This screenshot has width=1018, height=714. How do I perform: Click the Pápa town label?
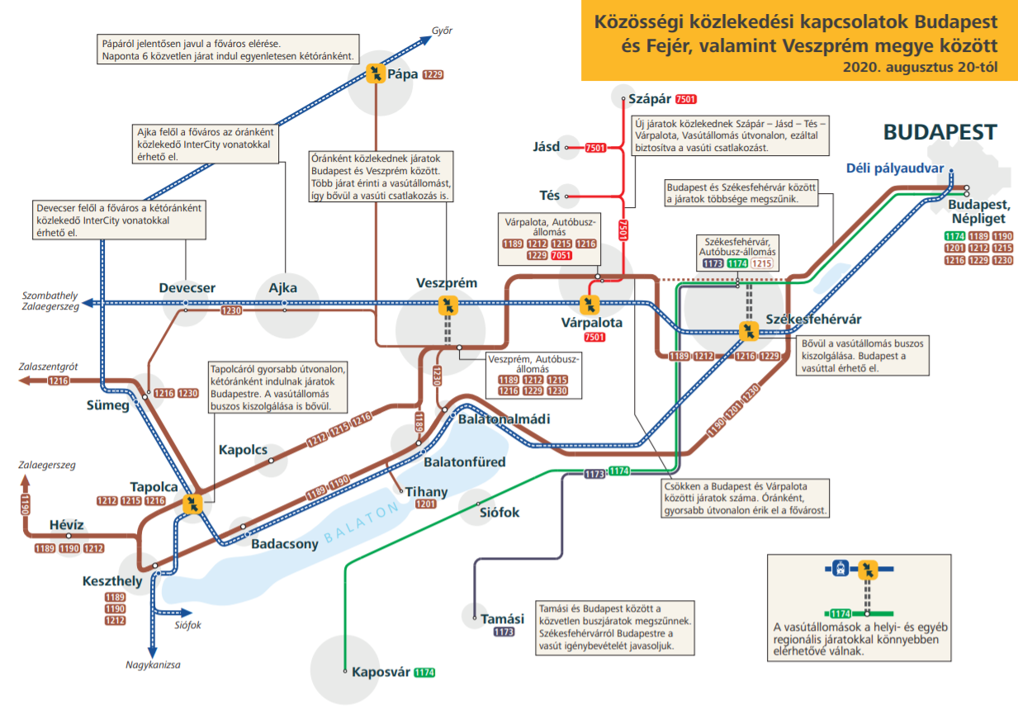pyautogui.click(x=402, y=74)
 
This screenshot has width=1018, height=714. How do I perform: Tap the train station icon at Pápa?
pyautogui.click(x=376, y=74)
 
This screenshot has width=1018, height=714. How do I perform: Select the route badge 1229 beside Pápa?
pyautogui.click(x=433, y=75)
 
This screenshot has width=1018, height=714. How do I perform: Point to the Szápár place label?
pyautogui.click(x=651, y=99)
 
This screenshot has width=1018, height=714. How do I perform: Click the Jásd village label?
pyautogui.click(x=547, y=148)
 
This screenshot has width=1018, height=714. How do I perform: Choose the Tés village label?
pyautogui.click(x=550, y=196)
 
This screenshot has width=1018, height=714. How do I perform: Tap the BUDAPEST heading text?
pyautogui.click(x=940, y=133)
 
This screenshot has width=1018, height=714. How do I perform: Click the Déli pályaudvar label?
pyautogui.click(x=894, y=169)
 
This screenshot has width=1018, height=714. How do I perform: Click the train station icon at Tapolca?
pyautogui.click(x=193, y=504)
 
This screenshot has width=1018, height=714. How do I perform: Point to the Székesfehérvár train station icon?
pyautogui.click(x=750, y=331)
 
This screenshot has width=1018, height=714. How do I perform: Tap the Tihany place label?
pyautogui.click(x=426, y=492)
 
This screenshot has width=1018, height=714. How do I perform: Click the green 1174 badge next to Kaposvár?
pyautogui.click(x=424, y=673)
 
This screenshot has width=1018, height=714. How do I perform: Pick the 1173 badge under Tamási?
pyautogui.click(x=504, y=632)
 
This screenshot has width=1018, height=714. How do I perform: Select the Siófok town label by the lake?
pyautogui.click(x=500, y=513)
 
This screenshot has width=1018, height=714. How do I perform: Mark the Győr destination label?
pyautogui.click(x=443, y=31)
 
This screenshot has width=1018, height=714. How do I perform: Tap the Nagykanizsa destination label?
pyautogui.click(x=153, y=664)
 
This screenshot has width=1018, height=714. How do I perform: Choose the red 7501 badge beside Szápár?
pyautogui.click(x=685, y=99)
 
